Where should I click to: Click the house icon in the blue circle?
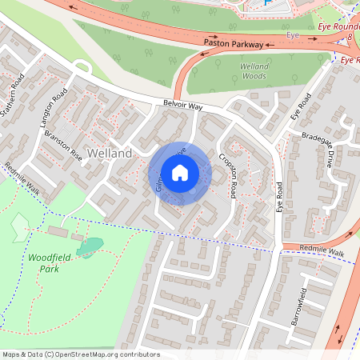click(180, 173)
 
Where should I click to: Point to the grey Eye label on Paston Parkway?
click(293, 35)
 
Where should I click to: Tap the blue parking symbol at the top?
click(266, 3)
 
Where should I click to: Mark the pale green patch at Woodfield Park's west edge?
click(19, 229)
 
